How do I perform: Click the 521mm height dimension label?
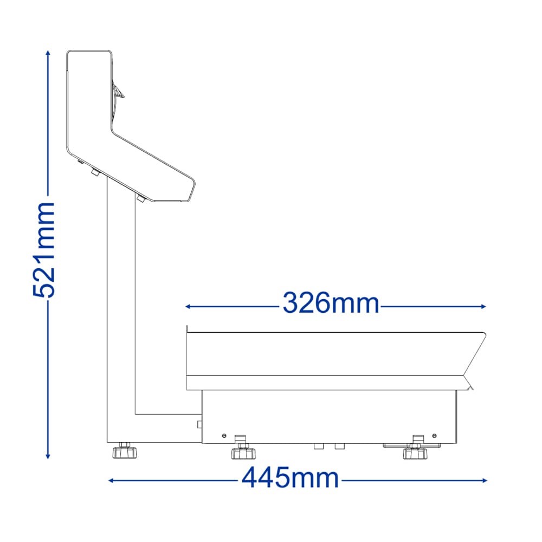point(43,250)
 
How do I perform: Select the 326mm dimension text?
point(331,303)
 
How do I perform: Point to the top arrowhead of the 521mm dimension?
point(48,53)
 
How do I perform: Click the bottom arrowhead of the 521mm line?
point(48,456)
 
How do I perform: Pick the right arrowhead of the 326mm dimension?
point(483,306)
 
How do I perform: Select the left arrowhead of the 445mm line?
point(111,480)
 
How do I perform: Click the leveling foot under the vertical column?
point(125,450)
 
